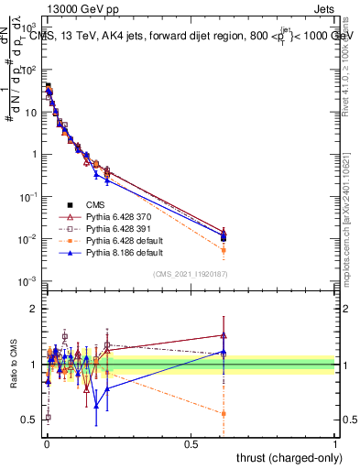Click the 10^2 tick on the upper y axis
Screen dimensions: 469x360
[27, 69]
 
